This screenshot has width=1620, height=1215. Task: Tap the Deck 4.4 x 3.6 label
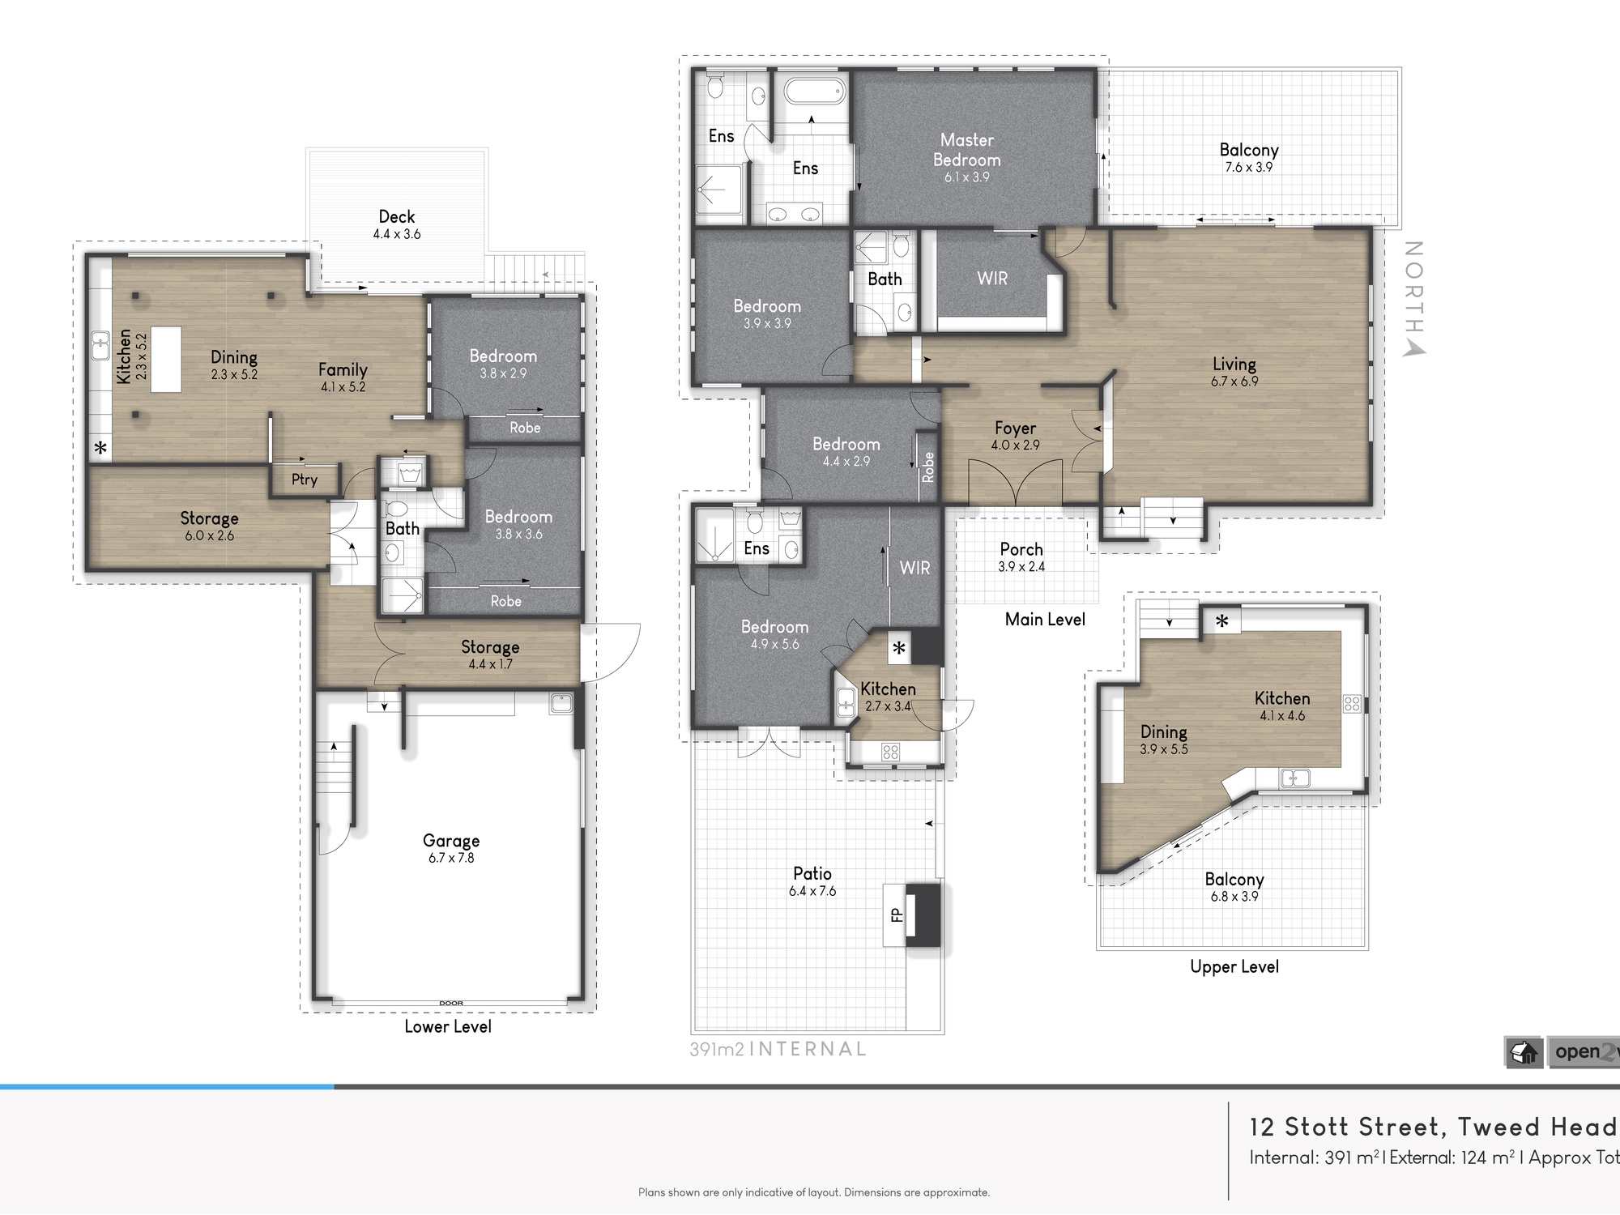(397, 224)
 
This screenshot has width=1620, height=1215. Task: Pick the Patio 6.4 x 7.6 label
(812, 881)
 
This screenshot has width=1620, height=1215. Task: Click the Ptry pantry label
(305, 480)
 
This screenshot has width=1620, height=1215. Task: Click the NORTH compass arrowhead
(1414, 348)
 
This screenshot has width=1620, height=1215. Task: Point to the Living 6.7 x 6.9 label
(1234, 372)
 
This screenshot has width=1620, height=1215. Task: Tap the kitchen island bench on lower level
(166, 360)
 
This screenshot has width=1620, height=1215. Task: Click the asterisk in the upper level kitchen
(1222, 621)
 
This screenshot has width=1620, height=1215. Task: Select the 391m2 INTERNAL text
(778, 1049)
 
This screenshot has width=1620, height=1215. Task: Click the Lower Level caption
(448, 1026)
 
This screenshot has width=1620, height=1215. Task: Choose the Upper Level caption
(1234, 966)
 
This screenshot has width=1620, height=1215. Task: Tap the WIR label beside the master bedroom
(992, 279)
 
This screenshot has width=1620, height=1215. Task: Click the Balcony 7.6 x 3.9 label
(1249, 158)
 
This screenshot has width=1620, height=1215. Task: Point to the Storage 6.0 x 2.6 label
(209, 526)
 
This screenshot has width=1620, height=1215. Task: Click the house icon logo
(1524, 1052)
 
